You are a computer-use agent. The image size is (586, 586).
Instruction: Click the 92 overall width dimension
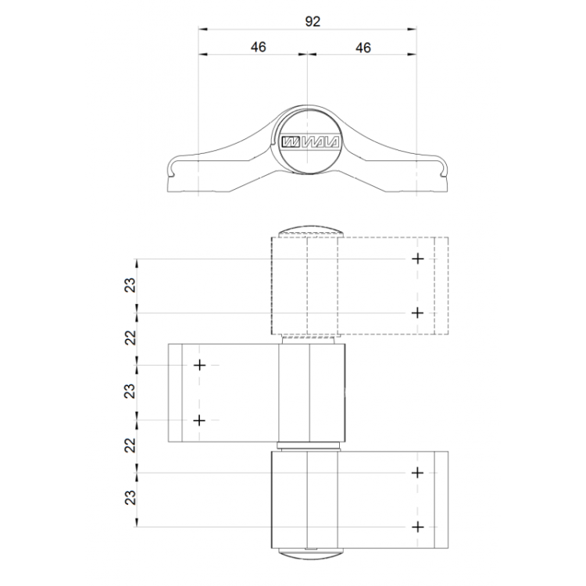313,21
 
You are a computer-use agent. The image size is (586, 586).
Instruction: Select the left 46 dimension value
259,47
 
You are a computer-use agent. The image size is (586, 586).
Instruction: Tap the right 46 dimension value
363,48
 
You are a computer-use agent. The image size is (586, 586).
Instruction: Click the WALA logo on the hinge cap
310,142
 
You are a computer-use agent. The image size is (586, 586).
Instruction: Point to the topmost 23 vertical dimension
130,284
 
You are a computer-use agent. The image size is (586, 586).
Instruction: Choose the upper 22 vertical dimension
130,338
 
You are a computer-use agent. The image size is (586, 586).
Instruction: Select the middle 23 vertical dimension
130,391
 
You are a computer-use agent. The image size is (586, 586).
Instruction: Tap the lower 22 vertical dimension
130,445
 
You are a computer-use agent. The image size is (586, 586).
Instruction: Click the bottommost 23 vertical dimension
130,498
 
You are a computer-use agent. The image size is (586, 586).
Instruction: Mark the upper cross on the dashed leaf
418,259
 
